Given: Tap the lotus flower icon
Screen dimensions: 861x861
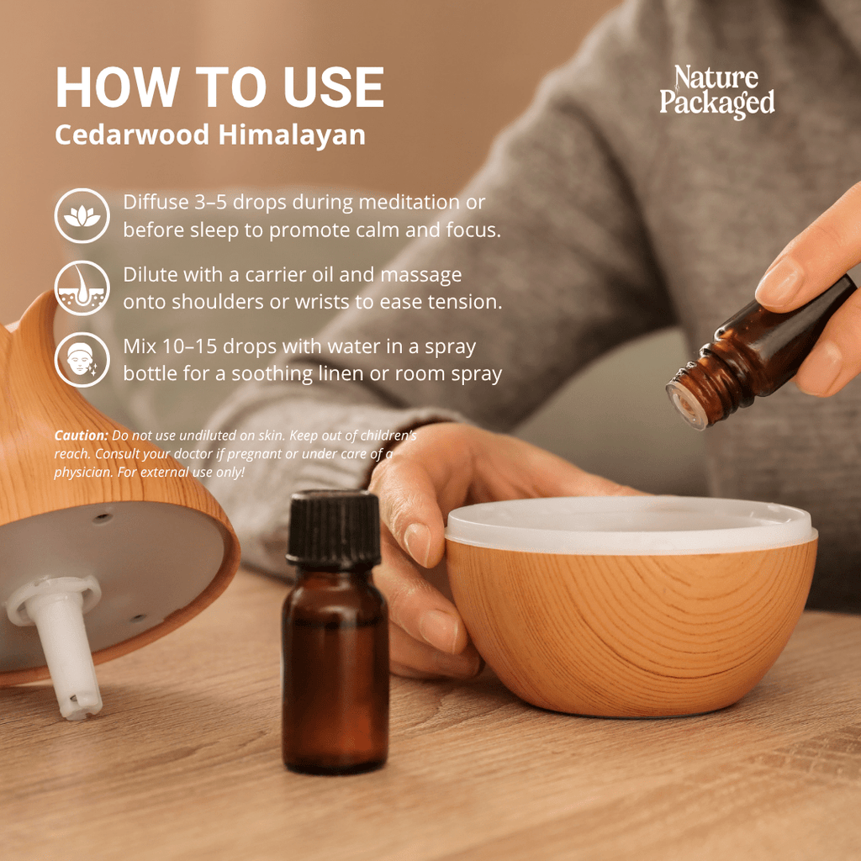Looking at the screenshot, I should [82, 216].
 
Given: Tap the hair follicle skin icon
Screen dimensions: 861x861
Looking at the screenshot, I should [82, 288].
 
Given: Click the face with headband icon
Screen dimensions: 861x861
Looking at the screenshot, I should [82, 360].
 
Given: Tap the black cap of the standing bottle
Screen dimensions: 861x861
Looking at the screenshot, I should [334, 527].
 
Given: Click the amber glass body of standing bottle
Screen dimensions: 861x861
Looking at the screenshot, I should [335, 673].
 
